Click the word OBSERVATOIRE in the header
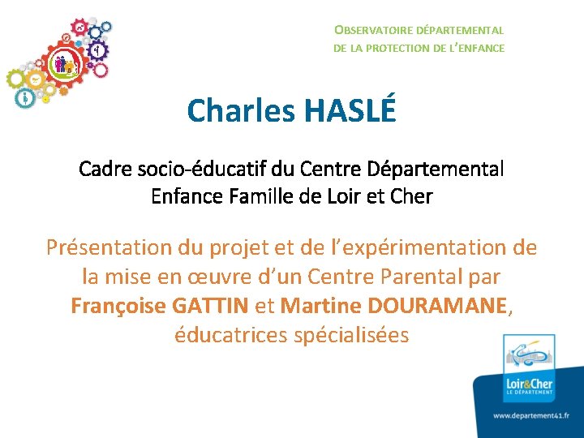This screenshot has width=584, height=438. pos(369,30)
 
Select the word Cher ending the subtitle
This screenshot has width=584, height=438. pos(412,196)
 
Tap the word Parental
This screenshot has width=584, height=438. pos(407,277)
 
